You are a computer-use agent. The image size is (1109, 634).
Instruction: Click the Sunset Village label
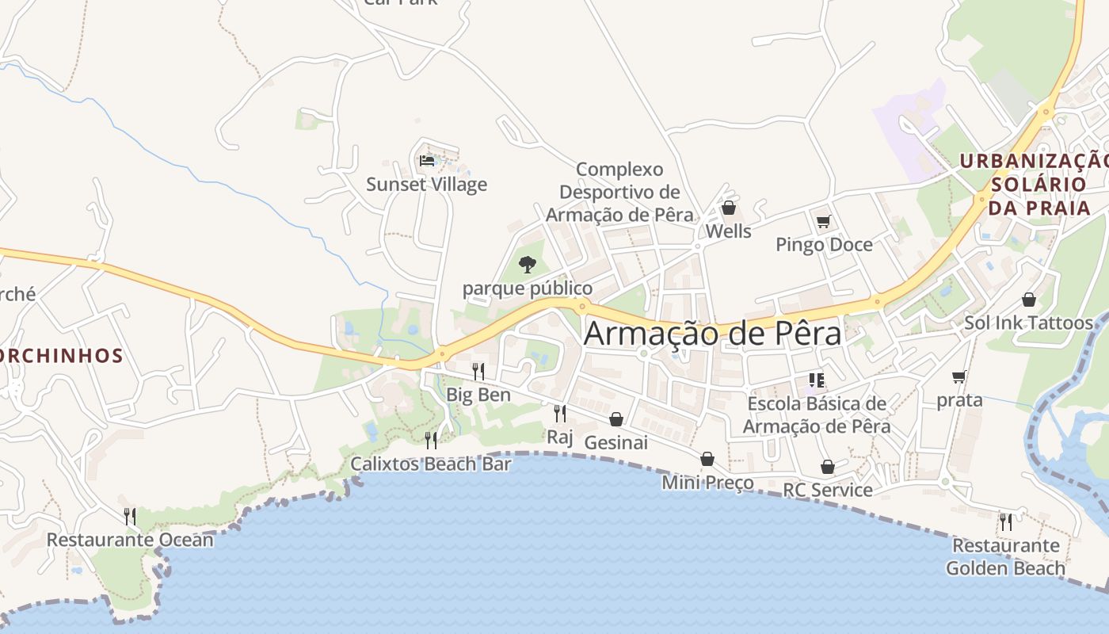[426, 185]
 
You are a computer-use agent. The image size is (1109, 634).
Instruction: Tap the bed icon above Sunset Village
[427, 161]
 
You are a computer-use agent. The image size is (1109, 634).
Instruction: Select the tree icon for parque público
[527, 265]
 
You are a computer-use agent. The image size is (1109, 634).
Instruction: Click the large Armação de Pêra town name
[712, 334]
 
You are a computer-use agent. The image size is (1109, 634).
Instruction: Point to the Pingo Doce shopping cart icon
[823, 221]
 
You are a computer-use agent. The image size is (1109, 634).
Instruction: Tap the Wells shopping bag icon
[728, 208]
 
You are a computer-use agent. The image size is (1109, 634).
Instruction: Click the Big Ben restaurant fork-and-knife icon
[478, 371]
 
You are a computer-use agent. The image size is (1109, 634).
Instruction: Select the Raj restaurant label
[559, 437]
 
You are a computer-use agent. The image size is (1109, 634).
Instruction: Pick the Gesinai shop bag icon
[615, 419]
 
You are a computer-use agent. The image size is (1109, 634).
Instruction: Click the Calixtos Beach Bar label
[430, 464]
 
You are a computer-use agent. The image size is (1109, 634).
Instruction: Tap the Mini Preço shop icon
[707, 459]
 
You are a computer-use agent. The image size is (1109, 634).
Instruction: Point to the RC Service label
[827, 490]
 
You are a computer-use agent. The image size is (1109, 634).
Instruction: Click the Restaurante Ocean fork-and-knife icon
[130, 517]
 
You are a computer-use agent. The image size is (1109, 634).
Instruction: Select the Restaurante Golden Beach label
[1005, 556]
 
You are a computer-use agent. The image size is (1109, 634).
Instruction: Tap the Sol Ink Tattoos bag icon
[1028, 300]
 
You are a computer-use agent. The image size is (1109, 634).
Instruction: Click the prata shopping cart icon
[959, 376]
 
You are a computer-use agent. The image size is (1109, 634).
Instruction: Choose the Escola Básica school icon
[817, 380]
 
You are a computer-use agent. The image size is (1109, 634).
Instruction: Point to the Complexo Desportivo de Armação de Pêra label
[619, 192]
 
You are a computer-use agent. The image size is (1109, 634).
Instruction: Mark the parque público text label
[527, 288]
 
